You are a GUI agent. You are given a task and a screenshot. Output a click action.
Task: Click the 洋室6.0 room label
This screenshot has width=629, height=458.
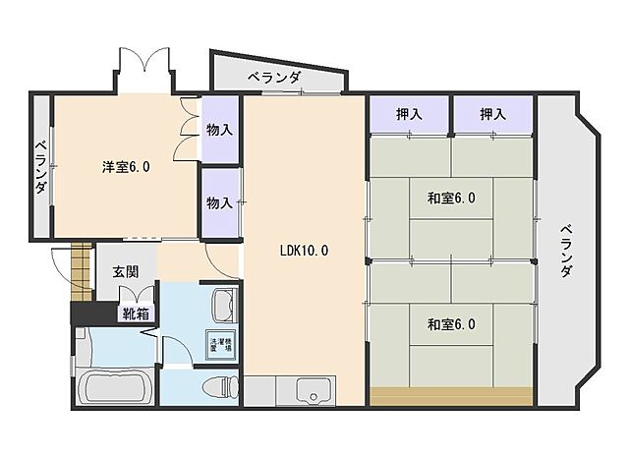pos(126,167)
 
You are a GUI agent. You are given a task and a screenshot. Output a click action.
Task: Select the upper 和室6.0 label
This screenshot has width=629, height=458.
pos(451,199)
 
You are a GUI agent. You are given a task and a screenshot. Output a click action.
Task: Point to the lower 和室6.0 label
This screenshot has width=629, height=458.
pos(451,324)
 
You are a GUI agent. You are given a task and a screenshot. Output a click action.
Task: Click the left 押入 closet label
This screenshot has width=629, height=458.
pos(409,115)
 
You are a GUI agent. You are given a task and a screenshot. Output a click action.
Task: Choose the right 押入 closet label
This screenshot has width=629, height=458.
pos(493,115)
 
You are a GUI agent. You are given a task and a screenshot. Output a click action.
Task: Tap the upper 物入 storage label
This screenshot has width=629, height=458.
pos(220,129)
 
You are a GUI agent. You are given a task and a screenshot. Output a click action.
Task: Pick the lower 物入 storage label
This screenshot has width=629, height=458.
pos(220,202)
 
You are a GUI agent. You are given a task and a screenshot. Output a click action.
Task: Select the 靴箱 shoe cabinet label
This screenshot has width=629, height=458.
pos(135,315)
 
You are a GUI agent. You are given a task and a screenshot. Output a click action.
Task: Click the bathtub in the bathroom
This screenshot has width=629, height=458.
pos(114,387)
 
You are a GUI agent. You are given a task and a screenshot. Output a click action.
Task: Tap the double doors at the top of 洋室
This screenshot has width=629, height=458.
pos(148,69)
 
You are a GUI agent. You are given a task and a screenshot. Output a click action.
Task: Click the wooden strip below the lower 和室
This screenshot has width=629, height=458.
pos(451,396)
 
